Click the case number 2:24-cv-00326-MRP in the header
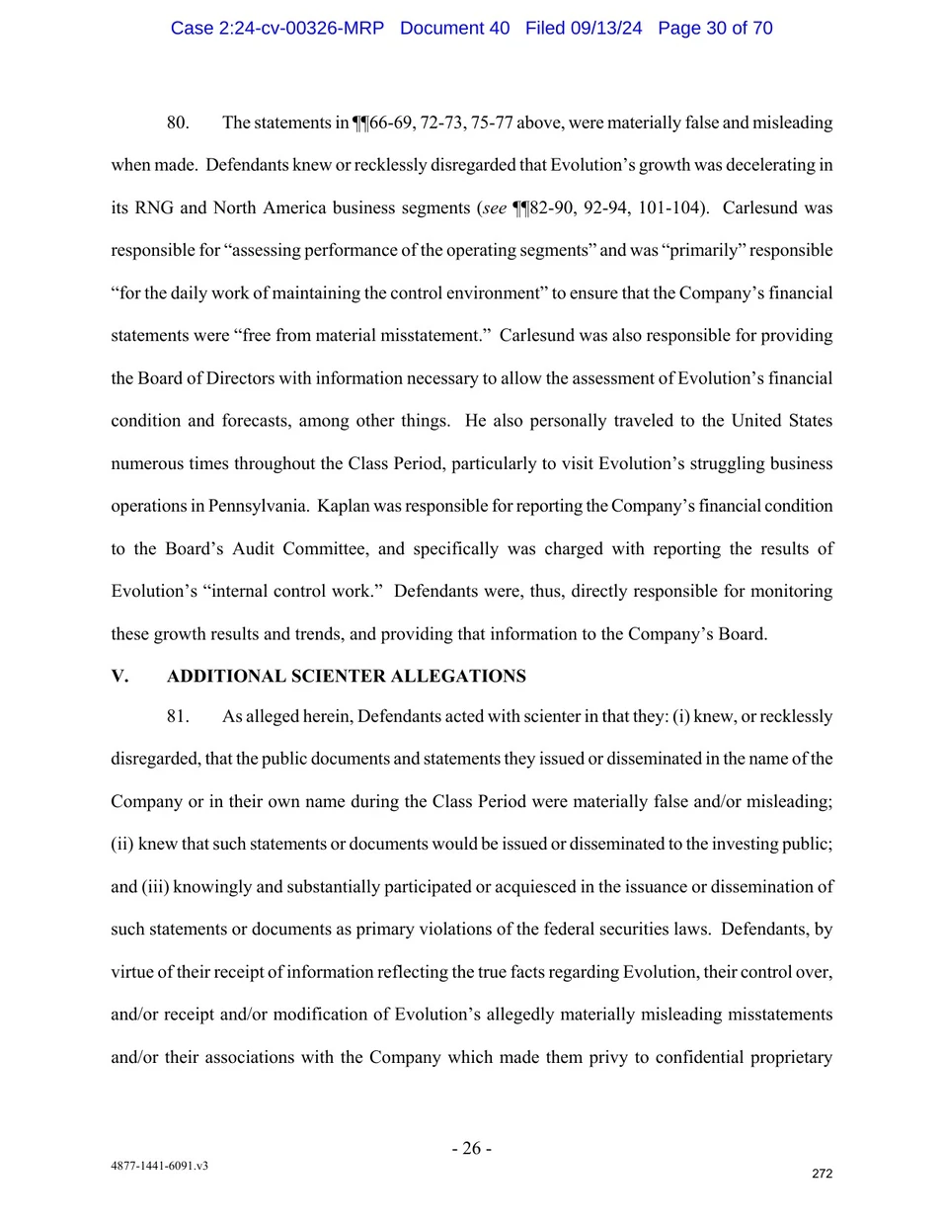pyautogui.click(x=276, y=28)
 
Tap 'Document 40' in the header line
pyautogui.click(x=454, y=28)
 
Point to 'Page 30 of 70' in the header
pyautogui.click(x=715, y=28)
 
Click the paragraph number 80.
pyautogui.click(x=178, y=122)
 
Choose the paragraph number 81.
pyautogui.click(x=178, y=716)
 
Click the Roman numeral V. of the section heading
pyautogui.click(x=119, y=676)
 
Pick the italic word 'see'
pyautogui.click(x=495, y=207)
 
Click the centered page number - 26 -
pyautogui.click(x=471, y=1148)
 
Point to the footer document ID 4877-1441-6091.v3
pyautogui.click(x=159, y=1166)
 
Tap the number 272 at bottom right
pyautogui.click(x=822, y=1174)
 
